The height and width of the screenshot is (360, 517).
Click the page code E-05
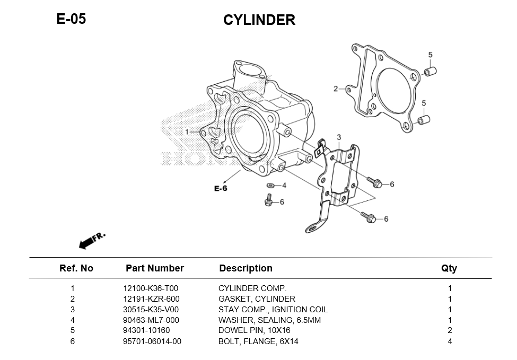pos(71,19)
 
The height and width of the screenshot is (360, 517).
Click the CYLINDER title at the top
pos(259,20)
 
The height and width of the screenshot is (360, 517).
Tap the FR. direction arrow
pos(91,240)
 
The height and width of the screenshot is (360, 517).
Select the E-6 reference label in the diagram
pos(221,188)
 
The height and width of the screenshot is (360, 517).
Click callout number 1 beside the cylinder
pos(187,131)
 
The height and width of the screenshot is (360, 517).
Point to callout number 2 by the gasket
pos(335,89)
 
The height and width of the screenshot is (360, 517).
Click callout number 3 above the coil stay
pos(339,138)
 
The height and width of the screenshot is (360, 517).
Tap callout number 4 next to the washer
pos(284,186)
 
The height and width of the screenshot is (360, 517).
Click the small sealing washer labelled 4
pos(270,186)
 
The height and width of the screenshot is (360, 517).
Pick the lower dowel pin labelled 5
pos(423,119)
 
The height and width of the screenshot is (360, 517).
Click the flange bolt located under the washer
pos(268,200)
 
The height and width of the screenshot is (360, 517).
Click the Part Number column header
pos(154,268)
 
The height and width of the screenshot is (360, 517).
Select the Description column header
pos(246,268)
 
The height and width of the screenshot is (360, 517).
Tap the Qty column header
pos(449,268)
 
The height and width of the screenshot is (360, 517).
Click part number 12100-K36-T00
pos(150,288)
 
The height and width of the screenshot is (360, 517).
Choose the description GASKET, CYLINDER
pos(257,299)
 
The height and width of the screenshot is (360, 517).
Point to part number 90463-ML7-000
pos(151,320)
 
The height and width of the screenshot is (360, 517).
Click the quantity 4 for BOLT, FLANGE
pos(450,341)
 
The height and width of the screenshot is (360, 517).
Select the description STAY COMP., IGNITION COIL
pos(273,310)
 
